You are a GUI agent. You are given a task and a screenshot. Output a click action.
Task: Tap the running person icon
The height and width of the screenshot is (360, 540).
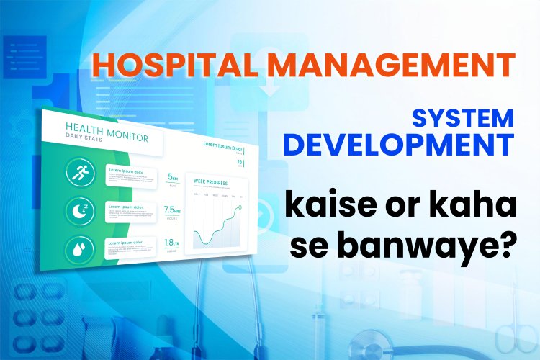tap(78, 173)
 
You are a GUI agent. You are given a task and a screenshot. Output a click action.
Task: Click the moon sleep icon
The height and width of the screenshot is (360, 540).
tap(79, 212)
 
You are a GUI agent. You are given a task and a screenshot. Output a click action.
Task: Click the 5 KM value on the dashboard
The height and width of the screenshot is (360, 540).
tap(173, 176)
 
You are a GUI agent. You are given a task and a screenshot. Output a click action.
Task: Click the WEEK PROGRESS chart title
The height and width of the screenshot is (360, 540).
tap(211, 183)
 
